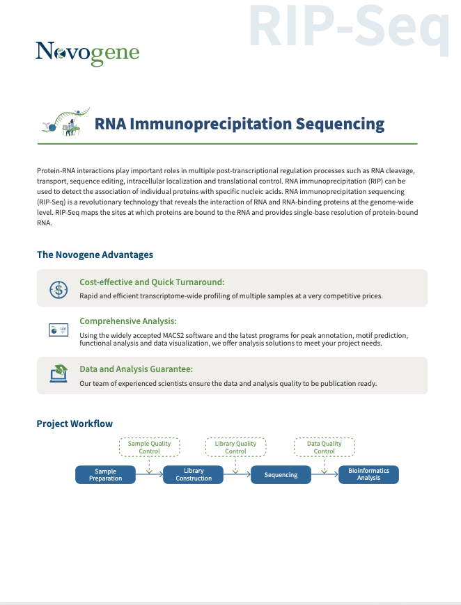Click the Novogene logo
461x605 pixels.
click(x=87, y=54)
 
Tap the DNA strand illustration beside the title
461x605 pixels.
click(x=65, y=122)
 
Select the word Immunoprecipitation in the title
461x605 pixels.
click(x=210, y=124)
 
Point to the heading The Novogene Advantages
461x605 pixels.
click(x=95, y=255)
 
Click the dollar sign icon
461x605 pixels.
click(x=58, y=289)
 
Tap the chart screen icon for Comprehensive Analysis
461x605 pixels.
click(x=58, y=330)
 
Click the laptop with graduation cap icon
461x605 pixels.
click(x=58, y=373)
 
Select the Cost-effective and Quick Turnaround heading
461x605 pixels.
click(x=152, y=282)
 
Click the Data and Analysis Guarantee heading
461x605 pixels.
click(x=136, y=369)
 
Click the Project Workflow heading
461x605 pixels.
click(x=75, y=423)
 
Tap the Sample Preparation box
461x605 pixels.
click(x=105, y=474)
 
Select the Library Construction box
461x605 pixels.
click(x=193, y=474)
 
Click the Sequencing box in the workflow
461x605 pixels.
click(x=281, y=474)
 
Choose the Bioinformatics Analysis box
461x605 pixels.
click(x=368, y=474)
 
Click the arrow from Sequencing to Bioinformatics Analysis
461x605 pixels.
click(x=325, y=474)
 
